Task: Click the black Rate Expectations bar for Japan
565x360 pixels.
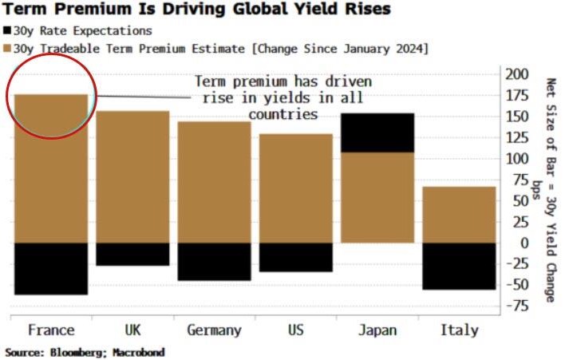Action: (x=377, y=133)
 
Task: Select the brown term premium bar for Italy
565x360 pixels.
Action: (x=459, y=215)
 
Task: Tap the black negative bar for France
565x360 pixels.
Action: (x=51, y=269)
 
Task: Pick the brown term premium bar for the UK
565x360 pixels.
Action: (x=132, y=177)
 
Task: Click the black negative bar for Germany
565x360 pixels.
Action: (x=215, y=262)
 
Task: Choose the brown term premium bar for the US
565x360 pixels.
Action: (x=296, y=188)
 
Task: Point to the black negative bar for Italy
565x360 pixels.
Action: (x=459, y=267)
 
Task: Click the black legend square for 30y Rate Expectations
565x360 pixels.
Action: (x=7, y=30)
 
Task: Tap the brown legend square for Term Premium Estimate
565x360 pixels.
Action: (x=7, y=48)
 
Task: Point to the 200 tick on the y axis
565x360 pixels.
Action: (x=517, y=74)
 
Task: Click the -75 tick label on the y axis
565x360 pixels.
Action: (x=517, y=307)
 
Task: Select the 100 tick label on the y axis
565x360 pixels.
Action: (x=517, y=159)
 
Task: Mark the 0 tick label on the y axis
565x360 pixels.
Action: (x=524, y=243)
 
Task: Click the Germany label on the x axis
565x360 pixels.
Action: (x=215, y=330)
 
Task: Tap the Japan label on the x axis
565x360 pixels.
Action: (x=377, y=330)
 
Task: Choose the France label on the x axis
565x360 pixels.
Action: (x=51, y=330)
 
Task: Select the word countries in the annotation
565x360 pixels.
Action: (x=283, y=115)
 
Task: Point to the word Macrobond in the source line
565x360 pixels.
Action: (x=138, y=352)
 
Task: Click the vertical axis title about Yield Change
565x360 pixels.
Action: (x=551, y=190)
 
